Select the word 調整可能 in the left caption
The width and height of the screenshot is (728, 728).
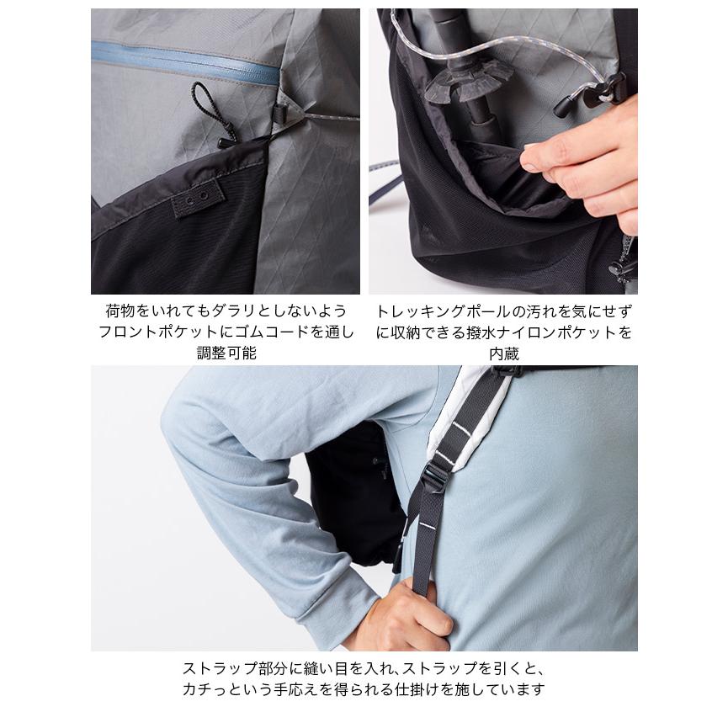(x=226, y=353)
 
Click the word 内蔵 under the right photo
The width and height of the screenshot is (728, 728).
(x=504, y=353)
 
